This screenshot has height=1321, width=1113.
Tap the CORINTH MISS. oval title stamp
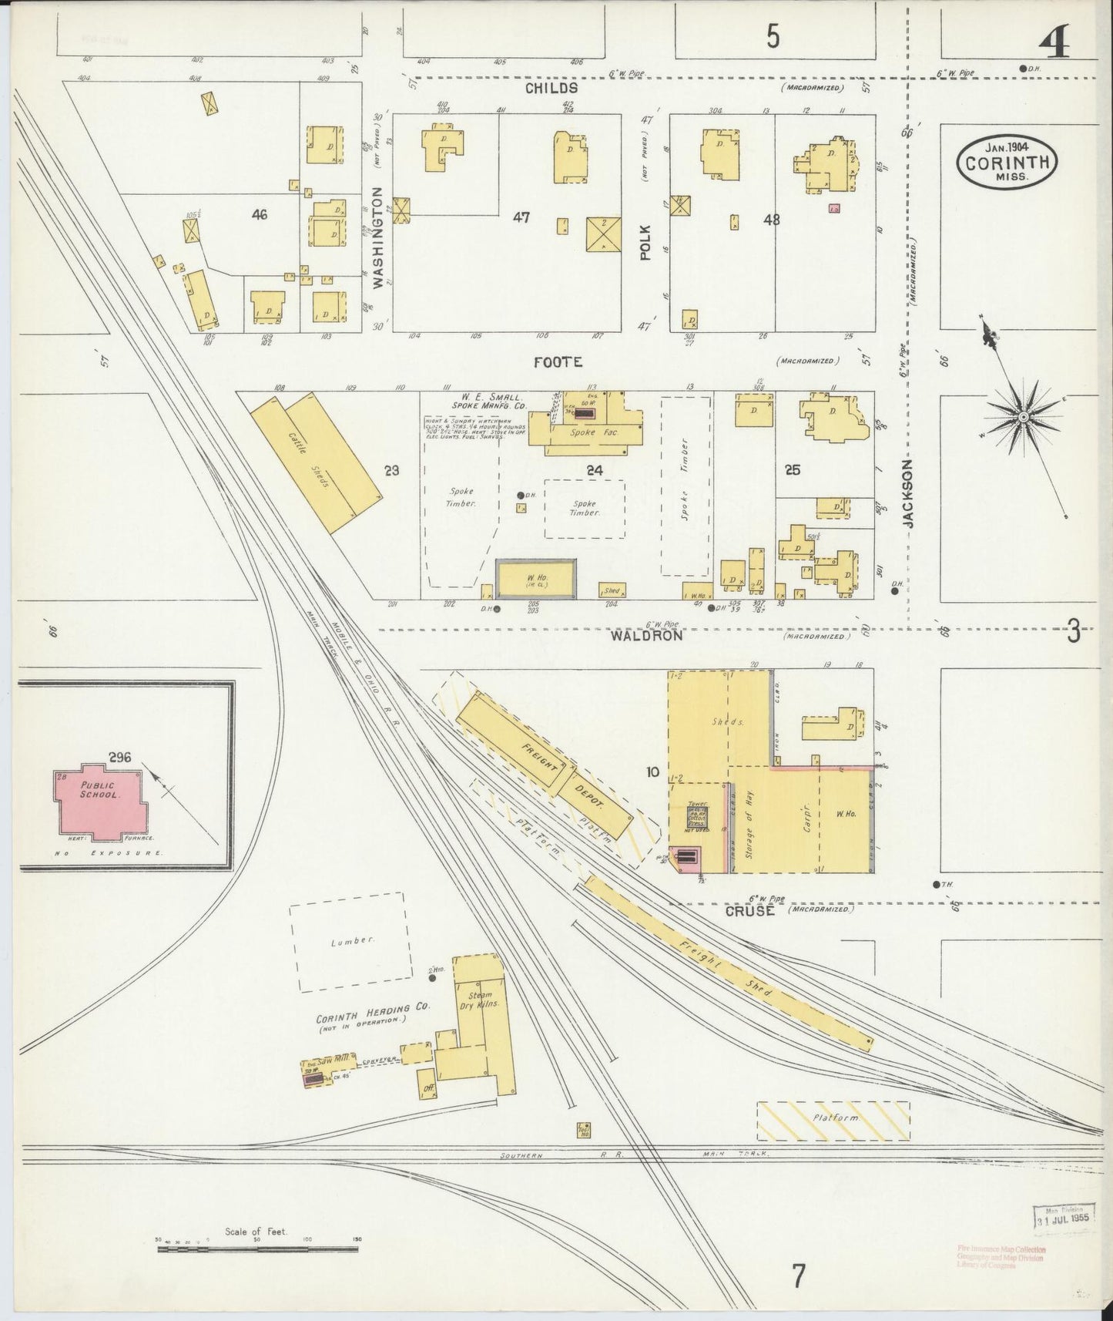click(x=1007, y=162)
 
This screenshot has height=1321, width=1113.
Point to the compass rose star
click(x=1024, y=417)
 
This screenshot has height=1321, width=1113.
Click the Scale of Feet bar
click(x=259, y=1247)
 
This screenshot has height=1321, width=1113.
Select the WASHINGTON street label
click(x=377, y=237)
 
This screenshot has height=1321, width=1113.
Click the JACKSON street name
click(x=909, y=494)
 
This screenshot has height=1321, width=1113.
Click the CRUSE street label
click(x=750, y=910)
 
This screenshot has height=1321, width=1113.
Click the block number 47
click(x=521, y=218)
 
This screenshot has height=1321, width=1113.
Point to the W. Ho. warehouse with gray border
click(x=535, y=578)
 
